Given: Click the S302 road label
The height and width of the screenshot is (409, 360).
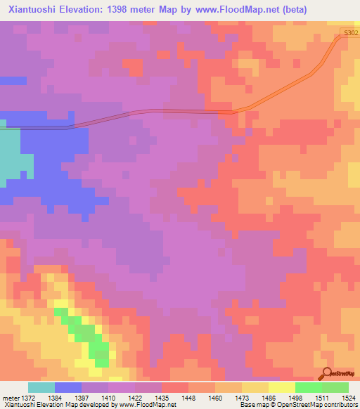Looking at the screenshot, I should tap(351, 32).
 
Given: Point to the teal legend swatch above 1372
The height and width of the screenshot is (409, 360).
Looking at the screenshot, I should tap(41, 387).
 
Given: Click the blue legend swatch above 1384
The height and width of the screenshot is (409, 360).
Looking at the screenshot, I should tap(68, 387).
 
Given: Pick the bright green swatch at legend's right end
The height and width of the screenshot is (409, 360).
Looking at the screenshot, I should tap(335, 387).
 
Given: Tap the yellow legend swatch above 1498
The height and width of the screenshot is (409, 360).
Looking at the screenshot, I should tap(282, 387).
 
